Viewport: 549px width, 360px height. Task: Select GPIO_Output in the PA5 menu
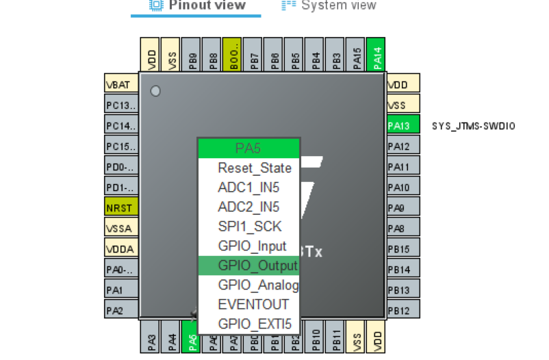coord(249,266)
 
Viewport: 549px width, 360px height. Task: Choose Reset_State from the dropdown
coord(249,168)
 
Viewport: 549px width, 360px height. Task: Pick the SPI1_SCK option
coord(249,227)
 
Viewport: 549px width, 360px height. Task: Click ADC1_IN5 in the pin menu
coord(249,188)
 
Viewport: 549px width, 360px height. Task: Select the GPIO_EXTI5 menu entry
coord(249,324)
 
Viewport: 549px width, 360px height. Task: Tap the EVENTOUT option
coord(249,305)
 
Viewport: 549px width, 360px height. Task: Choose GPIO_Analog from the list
coord(249,285)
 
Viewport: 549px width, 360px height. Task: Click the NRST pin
coord(121,207)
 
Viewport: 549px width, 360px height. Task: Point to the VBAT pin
coord(121,85)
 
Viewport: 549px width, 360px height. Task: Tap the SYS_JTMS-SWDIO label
coord(474,127)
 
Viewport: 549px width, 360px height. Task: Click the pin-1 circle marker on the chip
coord(155,90)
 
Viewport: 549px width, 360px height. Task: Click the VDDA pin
coord(121,248)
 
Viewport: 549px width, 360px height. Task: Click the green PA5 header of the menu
coord(248,149)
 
